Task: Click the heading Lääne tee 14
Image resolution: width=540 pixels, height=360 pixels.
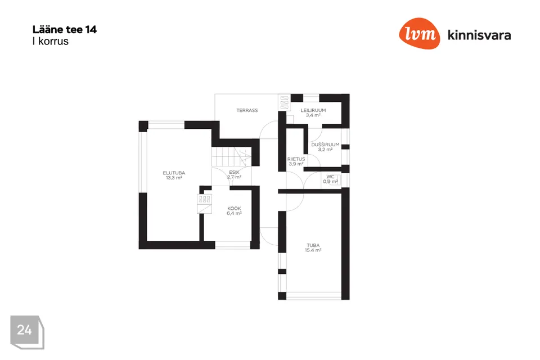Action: point(64,30)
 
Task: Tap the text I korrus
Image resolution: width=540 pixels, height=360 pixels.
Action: point(50,41)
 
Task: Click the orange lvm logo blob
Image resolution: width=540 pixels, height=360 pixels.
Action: point(420,33)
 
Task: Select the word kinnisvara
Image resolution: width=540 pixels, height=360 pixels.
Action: point(479,35)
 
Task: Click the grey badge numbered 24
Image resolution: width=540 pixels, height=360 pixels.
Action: point(27,332)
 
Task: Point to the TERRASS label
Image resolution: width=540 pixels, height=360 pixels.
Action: point(247,110)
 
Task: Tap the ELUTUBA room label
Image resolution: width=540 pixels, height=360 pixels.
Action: point(174,173)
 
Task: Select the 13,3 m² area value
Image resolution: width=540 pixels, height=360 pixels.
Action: point(174,178)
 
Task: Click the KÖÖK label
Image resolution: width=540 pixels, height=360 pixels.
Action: point(234,209)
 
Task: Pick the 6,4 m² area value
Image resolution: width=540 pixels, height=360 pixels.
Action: point(234,213)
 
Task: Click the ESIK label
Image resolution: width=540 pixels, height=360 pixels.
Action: point(234,172)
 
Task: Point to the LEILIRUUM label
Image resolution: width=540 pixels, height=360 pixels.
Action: point(313,110)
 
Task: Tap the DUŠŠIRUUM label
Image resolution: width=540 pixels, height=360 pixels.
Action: point(325,145)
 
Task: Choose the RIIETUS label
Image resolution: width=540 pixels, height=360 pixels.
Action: point(296,159)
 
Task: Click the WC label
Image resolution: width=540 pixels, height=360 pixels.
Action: point(331,177)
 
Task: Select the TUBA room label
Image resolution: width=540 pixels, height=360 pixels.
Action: point(313,245)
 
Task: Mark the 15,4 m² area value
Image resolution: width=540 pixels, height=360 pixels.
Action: point(313,250)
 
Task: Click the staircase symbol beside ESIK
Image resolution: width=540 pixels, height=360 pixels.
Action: point(231,157)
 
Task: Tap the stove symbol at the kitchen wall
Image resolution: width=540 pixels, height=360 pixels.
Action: point(205,204)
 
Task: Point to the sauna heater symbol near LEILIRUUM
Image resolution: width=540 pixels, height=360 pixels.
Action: point(284,102)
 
